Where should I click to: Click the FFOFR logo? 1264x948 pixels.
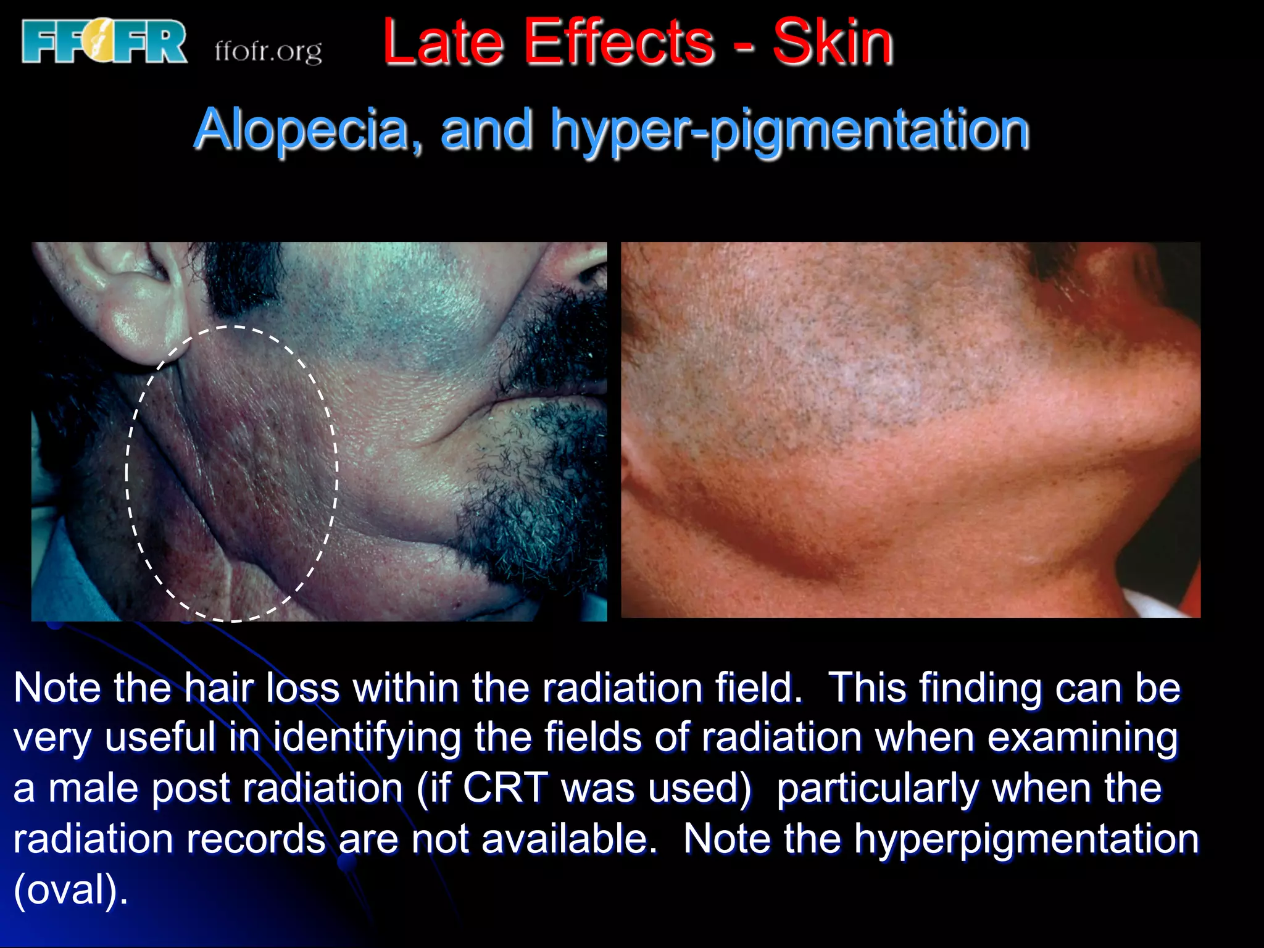(104, 42)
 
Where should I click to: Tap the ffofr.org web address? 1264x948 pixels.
(268, 51)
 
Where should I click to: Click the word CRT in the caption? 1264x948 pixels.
(505, 788)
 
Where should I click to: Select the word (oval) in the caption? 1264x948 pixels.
(70, 890)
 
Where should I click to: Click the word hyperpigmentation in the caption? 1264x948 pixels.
(1026, 839)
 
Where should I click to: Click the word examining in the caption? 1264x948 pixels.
(1083, 738)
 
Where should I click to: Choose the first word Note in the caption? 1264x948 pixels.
(56, 688)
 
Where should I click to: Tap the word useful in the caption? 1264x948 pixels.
(160, 738)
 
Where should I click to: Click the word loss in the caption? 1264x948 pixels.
(302, 688)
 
